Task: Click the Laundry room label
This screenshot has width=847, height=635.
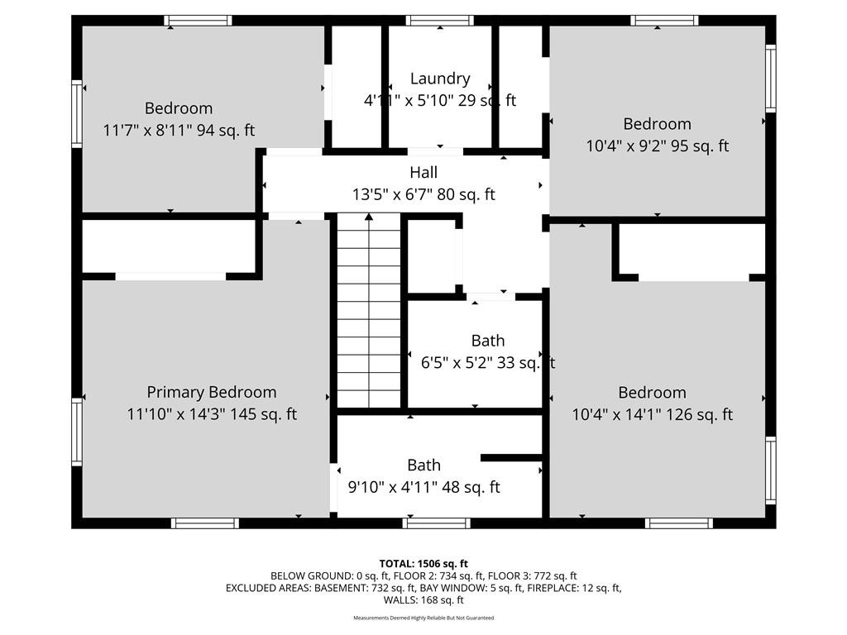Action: click(440, 79)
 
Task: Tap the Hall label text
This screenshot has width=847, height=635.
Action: click(423, 173)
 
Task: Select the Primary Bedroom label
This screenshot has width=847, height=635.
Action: click(212, 393)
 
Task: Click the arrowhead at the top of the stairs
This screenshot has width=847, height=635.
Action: click(369, 217)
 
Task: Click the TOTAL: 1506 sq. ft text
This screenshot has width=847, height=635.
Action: click(423, 564)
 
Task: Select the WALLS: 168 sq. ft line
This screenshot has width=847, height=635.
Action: click(423, 600)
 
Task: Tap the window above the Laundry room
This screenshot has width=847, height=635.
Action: click(440, 21)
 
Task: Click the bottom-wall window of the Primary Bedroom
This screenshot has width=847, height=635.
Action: click(205, 523)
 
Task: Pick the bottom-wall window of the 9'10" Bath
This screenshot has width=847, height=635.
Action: click(437, 523)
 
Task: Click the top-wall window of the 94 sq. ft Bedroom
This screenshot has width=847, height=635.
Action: click(199, 21)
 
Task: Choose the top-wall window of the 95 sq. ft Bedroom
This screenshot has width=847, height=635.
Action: click(664, 21)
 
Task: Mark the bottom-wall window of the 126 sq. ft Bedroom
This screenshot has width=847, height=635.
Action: click(679, 523)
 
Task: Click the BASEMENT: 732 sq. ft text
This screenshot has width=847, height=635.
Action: click(365, 588)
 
